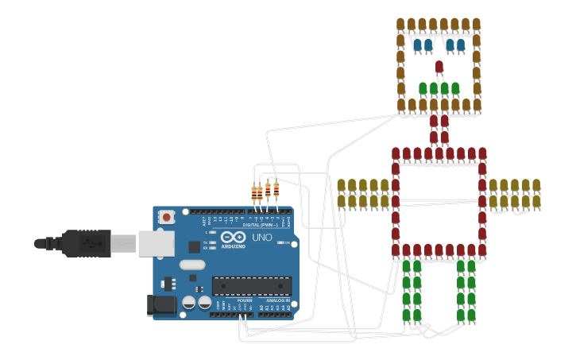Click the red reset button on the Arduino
(168, 217)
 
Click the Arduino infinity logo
(234, 238)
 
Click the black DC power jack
(161, 305)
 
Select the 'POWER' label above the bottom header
(244, 300)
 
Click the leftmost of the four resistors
(254, 192)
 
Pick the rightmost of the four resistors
(276, 188)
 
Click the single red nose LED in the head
(439, 67)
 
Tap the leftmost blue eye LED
(416, 45)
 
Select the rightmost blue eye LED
(461, 45)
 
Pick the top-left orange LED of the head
(401, 24)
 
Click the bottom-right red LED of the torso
(481, 250)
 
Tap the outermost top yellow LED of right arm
(536, 186)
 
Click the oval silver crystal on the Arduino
(192, 265)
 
